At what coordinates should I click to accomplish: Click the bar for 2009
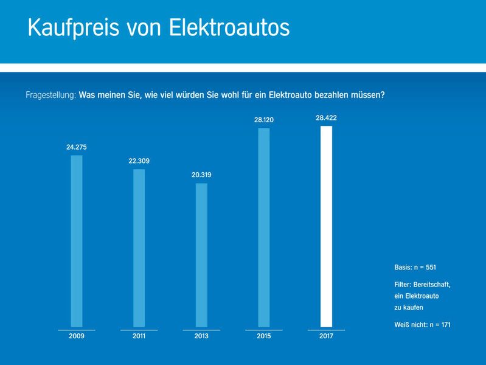click(x=77, y=241)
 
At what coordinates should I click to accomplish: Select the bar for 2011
click(x=139, y=248)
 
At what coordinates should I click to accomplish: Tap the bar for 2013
click(x=201, y=255)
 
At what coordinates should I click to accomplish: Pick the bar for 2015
click(x=264, y=228)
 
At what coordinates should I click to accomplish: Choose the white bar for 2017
click(x=326, y=226)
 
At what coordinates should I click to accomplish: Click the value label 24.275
click(x=77, y=147)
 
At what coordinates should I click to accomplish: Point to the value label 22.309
click(x=139, y=161)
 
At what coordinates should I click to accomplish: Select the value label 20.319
click(x=201, y=175)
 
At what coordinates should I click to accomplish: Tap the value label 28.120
click(x=264, y=120)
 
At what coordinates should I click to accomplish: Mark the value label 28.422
click(x=326, y=118)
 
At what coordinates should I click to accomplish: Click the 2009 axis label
click(x=77, y=336)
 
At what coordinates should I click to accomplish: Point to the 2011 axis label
click(x=139, y=336)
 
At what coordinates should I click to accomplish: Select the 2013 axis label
click(x=201, y=336)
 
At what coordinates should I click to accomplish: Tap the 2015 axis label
click(x=264, y=336)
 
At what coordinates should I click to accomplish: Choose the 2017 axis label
click(x=326, y=336)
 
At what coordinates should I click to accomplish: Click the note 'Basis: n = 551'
click(x=415, y=267)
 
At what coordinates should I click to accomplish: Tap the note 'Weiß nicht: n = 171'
click(x=422, y=325)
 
